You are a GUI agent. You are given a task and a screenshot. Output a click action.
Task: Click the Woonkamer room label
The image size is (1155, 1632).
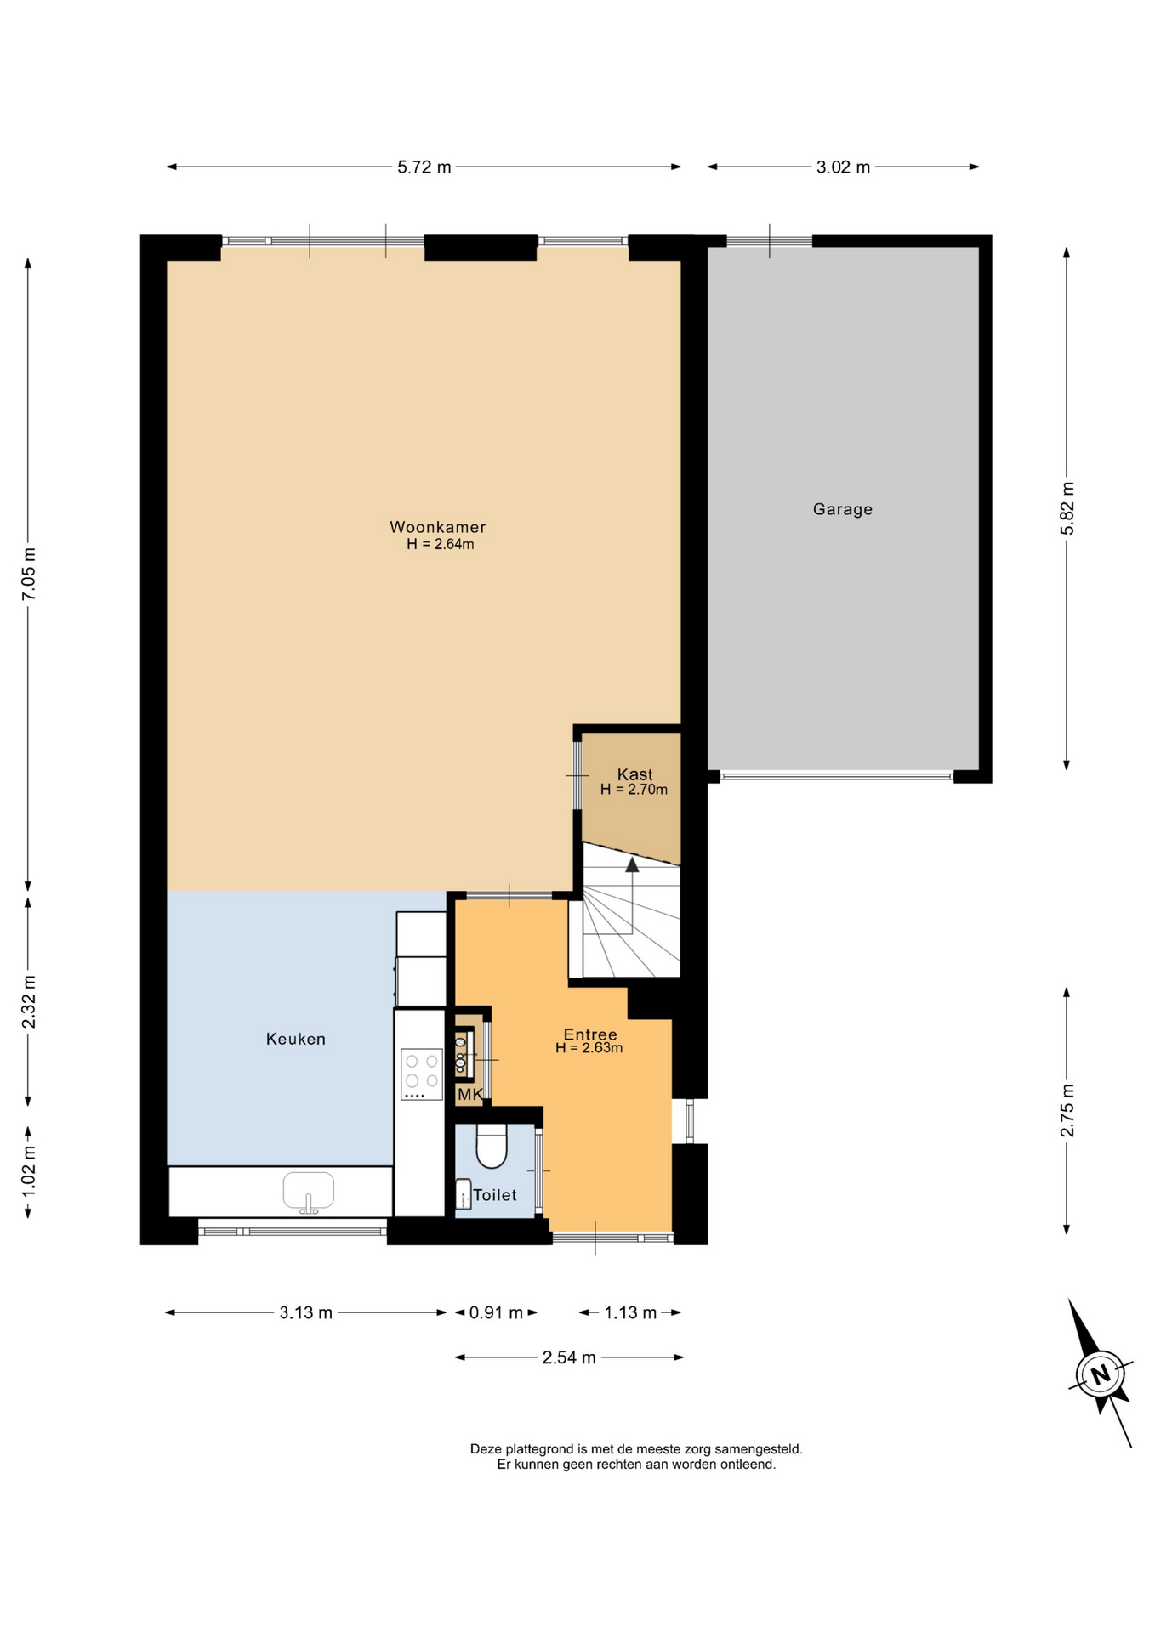pos(437,527)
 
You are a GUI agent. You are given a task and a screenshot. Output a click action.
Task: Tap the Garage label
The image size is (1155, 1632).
pos(842,509)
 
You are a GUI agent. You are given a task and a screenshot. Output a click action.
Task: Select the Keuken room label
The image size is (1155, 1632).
pos(295,1039)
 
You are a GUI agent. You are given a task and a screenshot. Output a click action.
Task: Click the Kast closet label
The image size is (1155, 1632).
pos(634,774)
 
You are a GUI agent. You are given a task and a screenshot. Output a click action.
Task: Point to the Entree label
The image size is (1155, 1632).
pos(590,1034)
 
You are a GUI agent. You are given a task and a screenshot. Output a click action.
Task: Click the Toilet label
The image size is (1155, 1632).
pos(495,1195)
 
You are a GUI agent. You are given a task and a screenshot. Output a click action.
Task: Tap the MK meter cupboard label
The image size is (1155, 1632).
pos(469,1095)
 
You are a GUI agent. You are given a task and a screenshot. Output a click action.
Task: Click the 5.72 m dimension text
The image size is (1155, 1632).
pos(424,167)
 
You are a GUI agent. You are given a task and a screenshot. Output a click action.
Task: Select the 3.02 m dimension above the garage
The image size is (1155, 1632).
pos(843,167)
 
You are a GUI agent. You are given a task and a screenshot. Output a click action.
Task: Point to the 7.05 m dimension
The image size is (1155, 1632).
pos(29,574)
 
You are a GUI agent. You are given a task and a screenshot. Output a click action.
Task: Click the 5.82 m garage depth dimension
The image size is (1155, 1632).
pos(1067,508)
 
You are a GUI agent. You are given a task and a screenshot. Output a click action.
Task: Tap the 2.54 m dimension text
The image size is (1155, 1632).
pos(569,1357)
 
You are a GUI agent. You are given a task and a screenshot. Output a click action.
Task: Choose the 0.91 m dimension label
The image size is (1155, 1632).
pos(496,1312)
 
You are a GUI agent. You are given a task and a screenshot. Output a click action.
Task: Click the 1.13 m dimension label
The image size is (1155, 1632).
pos(630,1312)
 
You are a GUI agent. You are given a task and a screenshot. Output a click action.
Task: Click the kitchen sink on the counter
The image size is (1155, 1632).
pos(309,1192)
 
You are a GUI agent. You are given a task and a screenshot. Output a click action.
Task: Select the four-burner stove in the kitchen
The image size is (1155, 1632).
pos(422,1074)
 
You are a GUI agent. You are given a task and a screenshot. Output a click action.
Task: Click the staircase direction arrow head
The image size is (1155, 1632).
pos(632,865)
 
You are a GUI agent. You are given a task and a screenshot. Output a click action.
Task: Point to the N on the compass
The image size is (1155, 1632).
pos(1101,1374)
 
